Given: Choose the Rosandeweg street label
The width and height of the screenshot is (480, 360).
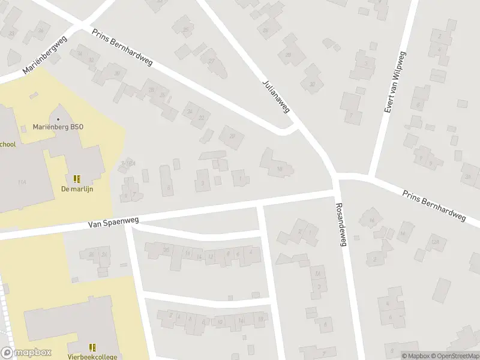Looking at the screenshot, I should tap(341, 223).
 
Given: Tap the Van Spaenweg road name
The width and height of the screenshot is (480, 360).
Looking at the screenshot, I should tap(111, 222).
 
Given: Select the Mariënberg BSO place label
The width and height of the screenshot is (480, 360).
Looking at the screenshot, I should tap(58, 127).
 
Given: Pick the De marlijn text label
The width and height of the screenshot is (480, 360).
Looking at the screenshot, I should tap(77, 188).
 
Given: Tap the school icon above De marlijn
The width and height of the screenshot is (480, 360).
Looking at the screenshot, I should tap(77, 178).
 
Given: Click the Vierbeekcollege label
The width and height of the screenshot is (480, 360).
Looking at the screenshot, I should tap(92, 356).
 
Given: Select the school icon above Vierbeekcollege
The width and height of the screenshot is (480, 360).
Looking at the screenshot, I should tap(92, 347).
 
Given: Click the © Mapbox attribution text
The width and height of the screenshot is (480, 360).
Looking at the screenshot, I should tap(415, 356).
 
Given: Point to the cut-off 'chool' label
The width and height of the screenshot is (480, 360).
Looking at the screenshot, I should tap(8, 144).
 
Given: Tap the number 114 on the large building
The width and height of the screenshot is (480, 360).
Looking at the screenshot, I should tap(22, 182).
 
